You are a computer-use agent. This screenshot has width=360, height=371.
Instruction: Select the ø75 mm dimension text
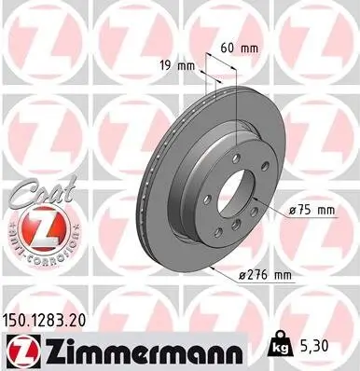[312, 211]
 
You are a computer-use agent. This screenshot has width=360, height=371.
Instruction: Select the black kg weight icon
[278, 346]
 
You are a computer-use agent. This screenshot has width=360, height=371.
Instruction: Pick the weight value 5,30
[312, 347]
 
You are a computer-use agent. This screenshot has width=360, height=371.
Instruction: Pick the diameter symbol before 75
[294, 211]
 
